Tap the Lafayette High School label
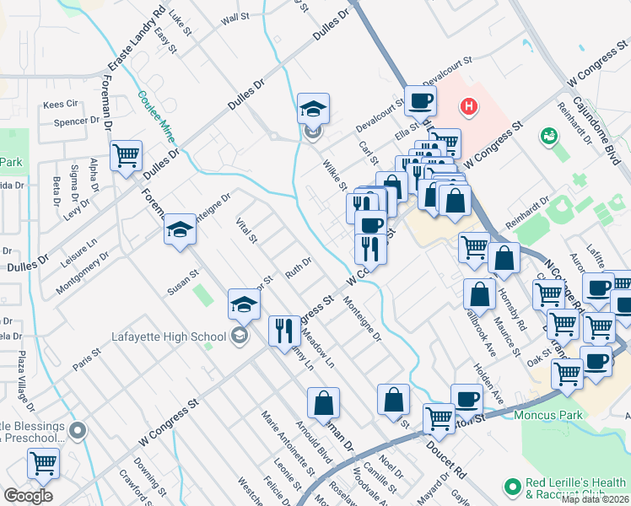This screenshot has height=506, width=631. (170, 337)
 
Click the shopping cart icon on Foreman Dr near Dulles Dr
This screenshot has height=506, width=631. (127, 155)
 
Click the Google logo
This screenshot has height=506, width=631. (28, 495)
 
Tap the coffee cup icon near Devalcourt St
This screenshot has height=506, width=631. (420, 102)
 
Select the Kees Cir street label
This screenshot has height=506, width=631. (60, 105)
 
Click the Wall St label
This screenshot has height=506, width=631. (235, 18)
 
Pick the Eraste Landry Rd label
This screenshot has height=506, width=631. (136, 40)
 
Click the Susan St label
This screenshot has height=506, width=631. (182, 282)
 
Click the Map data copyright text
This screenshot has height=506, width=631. (595, 499)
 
